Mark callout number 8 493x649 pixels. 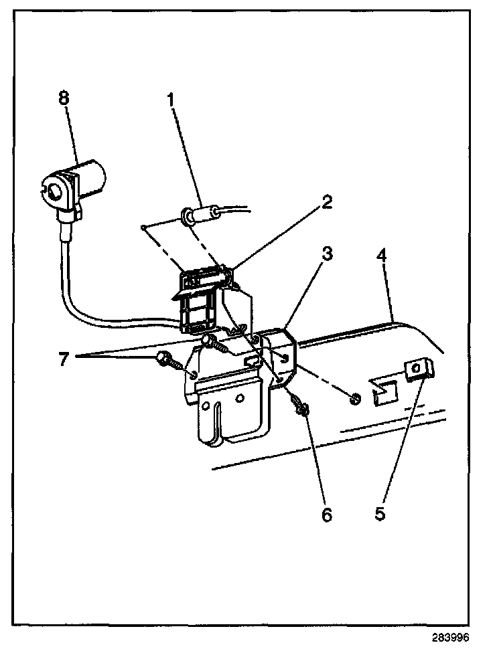tap(64, 98)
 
